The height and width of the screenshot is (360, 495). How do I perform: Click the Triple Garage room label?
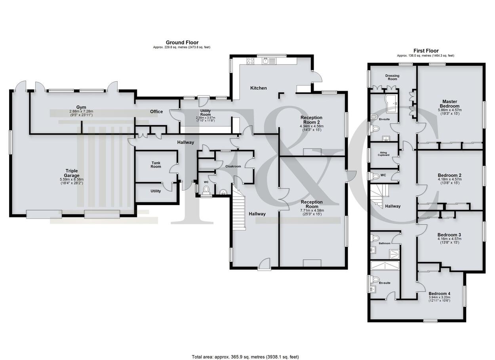tap(72, 173)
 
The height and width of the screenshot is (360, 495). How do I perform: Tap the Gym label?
tap(81, 107)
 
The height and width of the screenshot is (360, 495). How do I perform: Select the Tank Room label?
tap(156, 165)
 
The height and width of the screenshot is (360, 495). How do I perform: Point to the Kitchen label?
tap(259, 88)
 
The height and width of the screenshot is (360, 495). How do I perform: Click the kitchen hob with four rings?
tap(250, 61)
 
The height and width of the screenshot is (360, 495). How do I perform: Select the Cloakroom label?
tap(233, 166)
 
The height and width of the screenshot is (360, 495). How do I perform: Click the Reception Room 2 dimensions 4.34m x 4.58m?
tap(312, 126)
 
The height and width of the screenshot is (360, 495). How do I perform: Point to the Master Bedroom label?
tap(450, 104)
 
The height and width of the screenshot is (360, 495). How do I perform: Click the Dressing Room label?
tap(392, 77)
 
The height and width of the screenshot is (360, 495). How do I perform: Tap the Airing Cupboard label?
tap(384, 154)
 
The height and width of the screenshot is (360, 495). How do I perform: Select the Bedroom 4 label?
tap(439, 293)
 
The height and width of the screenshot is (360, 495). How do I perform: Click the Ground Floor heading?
tap(182, 42)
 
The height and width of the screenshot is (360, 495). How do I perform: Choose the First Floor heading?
tap(426, 51)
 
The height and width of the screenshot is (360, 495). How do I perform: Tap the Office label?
tap(156, 112)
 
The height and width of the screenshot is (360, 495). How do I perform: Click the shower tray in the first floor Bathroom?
tap(394, 254)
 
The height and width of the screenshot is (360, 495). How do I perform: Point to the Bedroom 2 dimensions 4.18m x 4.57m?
tap(450, 179)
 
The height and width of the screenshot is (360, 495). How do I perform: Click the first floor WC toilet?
tap(375, 176)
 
